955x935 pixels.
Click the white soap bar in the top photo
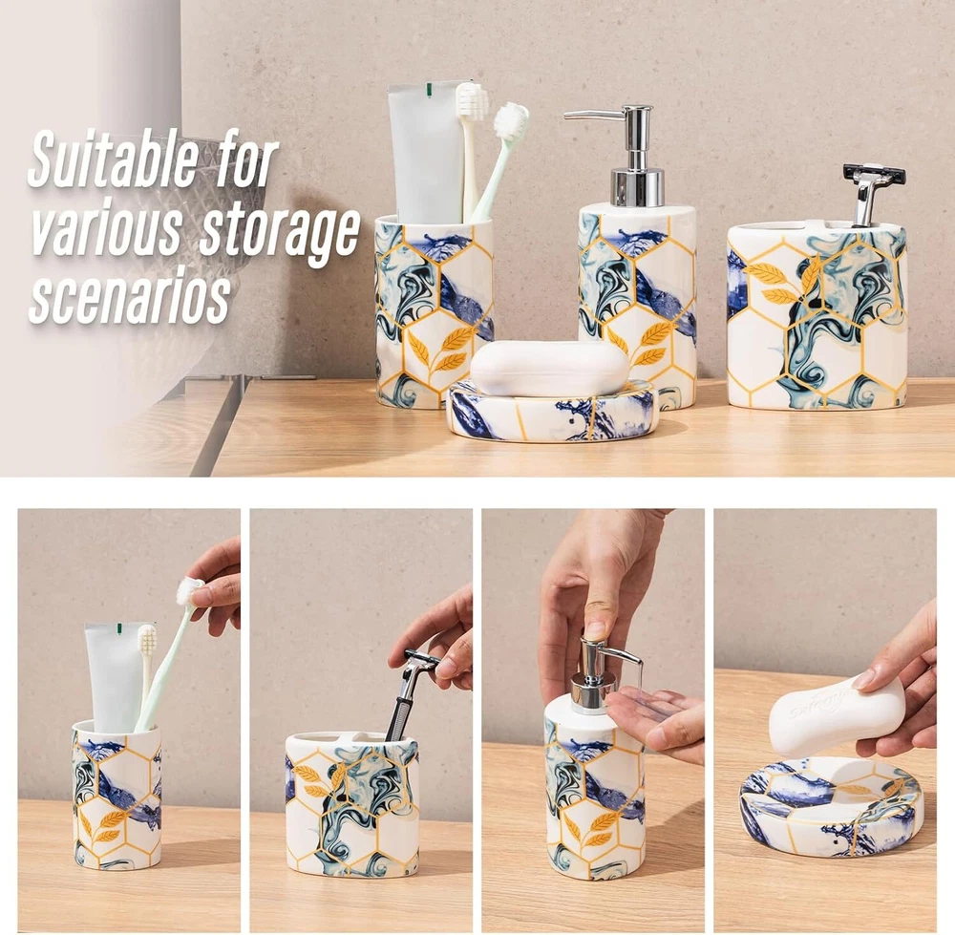tap(549, 369)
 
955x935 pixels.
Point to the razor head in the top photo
tap(874, 175)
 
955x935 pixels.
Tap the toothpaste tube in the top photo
tap(426, 152)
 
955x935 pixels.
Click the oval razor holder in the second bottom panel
tap(352, 808)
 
